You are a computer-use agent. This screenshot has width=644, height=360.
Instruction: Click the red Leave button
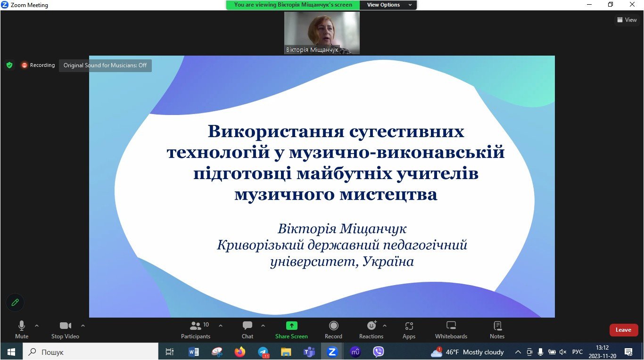[624, 330]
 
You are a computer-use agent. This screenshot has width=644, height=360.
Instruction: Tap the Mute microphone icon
[22, 326]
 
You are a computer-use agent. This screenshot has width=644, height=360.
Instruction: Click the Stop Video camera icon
[65, 326]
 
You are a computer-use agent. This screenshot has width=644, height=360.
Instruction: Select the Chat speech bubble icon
[247, 326]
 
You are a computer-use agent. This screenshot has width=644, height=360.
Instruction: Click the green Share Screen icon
[291, 326]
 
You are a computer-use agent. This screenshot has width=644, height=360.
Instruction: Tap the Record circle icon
[333, 326]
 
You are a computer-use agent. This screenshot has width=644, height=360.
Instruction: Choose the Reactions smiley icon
[372, 325]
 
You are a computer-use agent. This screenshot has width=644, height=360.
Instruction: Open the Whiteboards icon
[451, 326]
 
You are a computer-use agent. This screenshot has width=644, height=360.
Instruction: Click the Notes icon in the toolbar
[497, 326]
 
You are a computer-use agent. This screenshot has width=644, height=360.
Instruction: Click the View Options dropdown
[388, 5]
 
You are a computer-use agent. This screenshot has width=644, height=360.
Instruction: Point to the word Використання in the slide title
[276, 131]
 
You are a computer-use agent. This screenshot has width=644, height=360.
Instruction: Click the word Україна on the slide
[388, 261]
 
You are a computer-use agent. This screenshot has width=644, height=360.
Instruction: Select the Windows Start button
[11, 352]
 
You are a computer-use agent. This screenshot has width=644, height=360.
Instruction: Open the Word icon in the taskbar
[193, 352]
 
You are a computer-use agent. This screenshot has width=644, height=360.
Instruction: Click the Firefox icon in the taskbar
[240, 352]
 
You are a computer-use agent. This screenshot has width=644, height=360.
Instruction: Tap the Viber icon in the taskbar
[379, 352]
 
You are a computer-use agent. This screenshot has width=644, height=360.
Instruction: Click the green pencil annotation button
[15, 302]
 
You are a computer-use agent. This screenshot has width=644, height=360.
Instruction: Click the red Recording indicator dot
[25, 65]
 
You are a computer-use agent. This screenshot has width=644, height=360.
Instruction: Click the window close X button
[632, 4]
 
